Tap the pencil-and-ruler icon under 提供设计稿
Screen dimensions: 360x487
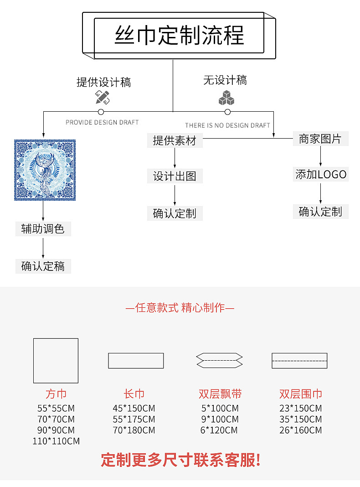point(102,97)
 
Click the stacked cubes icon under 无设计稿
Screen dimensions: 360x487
point(226,97)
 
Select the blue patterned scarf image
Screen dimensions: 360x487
point(45,170)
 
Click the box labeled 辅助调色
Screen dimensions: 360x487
point(43,228)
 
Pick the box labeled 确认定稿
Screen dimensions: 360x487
point(43,266)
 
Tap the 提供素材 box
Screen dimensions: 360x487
point(175,140)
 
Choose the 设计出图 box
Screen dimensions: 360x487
point(175,176)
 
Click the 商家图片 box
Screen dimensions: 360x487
point(320,139)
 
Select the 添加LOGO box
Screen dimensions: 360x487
point(321,174)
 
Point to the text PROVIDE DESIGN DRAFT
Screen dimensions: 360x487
point(102,122)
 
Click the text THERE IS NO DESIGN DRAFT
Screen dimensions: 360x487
point(227,125)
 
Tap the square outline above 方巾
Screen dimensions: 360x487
point(56,360)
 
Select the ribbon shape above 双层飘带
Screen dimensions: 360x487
point(219,360)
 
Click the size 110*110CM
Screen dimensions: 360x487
point(56,441)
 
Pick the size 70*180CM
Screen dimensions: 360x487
point(134,430)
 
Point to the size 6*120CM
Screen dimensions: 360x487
point(219,430)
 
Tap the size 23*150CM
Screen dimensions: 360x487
point(300,408)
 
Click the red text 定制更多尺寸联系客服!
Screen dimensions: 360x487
point(180,460)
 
